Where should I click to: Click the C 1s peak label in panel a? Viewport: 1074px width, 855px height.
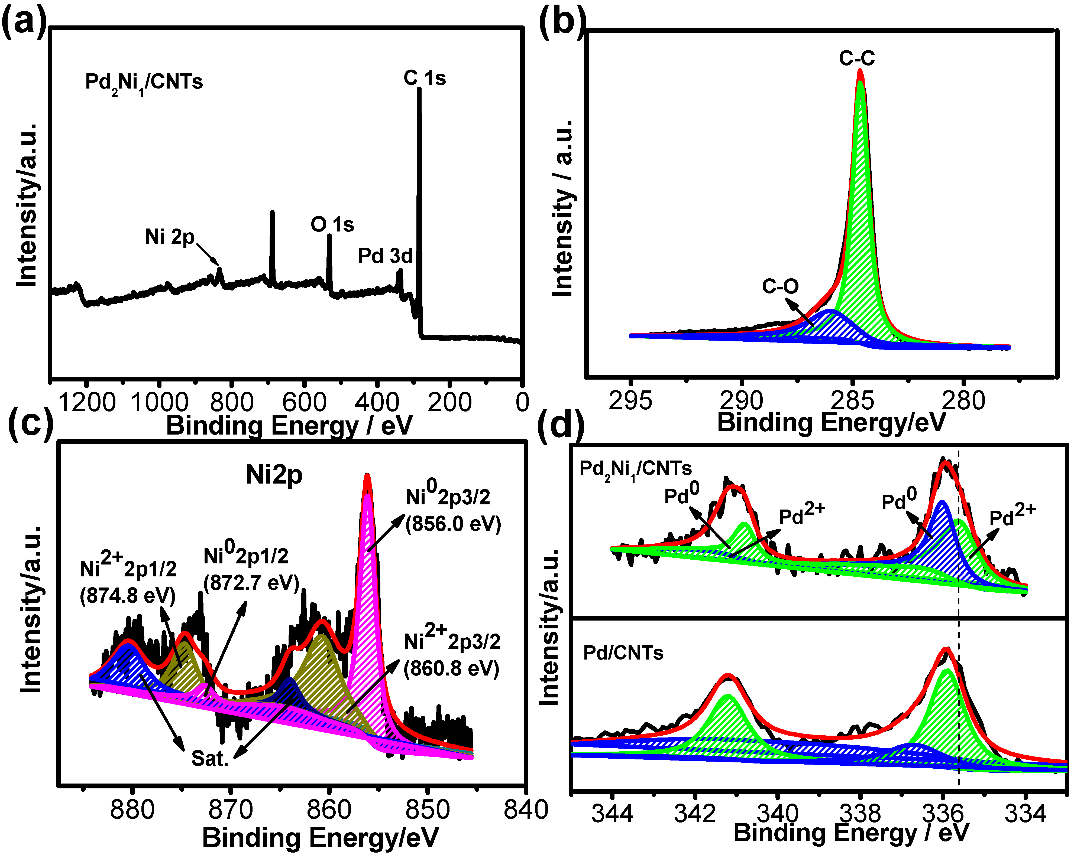coord(424,78)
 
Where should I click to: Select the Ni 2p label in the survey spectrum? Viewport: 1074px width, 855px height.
coord(170,237)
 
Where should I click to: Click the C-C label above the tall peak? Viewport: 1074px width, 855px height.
coord(856,59)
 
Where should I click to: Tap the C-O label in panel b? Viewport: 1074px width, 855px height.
coord(780,286)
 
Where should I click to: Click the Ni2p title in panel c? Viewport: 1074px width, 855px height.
coord(274,475)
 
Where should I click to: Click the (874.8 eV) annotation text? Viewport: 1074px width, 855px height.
coord(128,596)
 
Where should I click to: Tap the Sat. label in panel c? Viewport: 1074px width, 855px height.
coord(210,758)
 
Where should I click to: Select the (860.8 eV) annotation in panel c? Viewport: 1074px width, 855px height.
coord(451,668)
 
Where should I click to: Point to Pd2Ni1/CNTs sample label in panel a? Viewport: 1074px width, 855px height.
coord(144,82)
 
